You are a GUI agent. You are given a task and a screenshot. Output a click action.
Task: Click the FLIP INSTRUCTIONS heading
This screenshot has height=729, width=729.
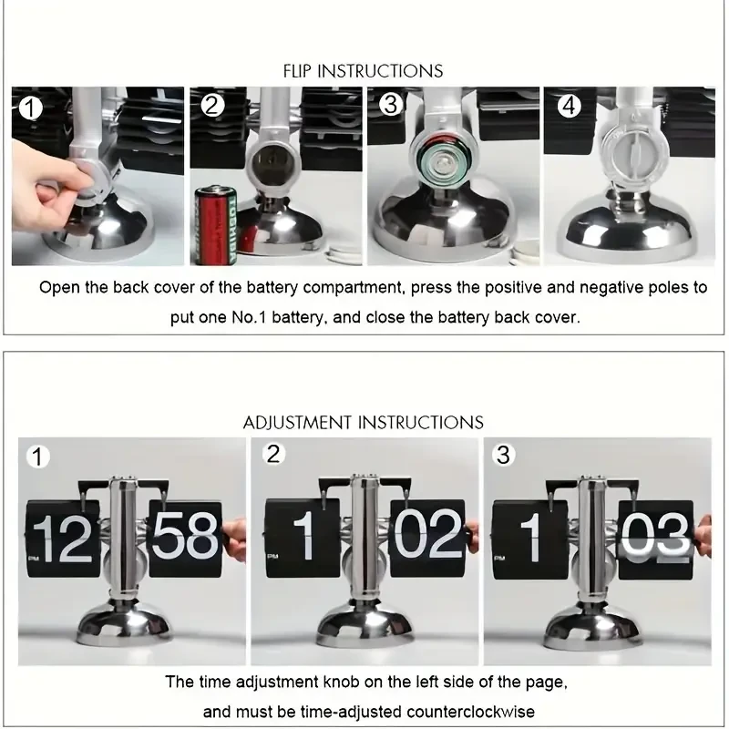click(363, 70)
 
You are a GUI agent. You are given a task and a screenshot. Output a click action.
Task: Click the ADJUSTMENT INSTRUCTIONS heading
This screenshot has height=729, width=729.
click(363, 422)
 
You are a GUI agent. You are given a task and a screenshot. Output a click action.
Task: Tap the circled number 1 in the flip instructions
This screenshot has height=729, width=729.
click(32, 108)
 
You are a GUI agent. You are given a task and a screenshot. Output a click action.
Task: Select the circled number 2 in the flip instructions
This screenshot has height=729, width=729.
click(213, 106)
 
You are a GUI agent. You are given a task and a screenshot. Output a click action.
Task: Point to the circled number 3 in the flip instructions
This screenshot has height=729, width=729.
click(391, 105)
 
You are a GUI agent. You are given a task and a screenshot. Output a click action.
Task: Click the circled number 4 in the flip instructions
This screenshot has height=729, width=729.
click(569, 106)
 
